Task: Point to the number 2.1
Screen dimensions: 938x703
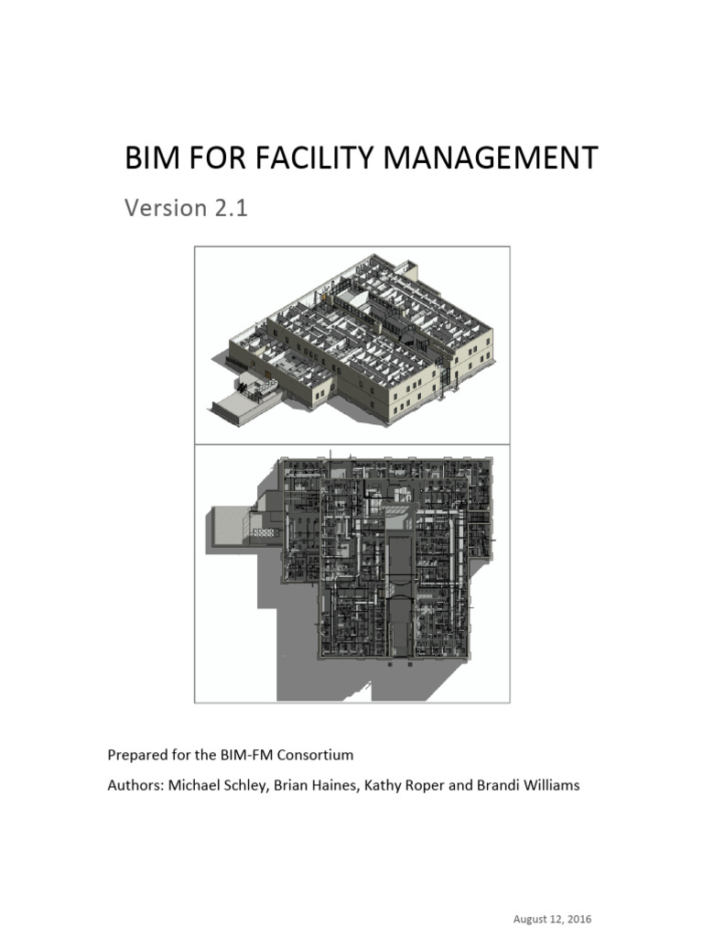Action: [232, 208]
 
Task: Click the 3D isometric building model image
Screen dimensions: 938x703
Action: [352, 344]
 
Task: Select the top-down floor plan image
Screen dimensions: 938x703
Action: [352, 573]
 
